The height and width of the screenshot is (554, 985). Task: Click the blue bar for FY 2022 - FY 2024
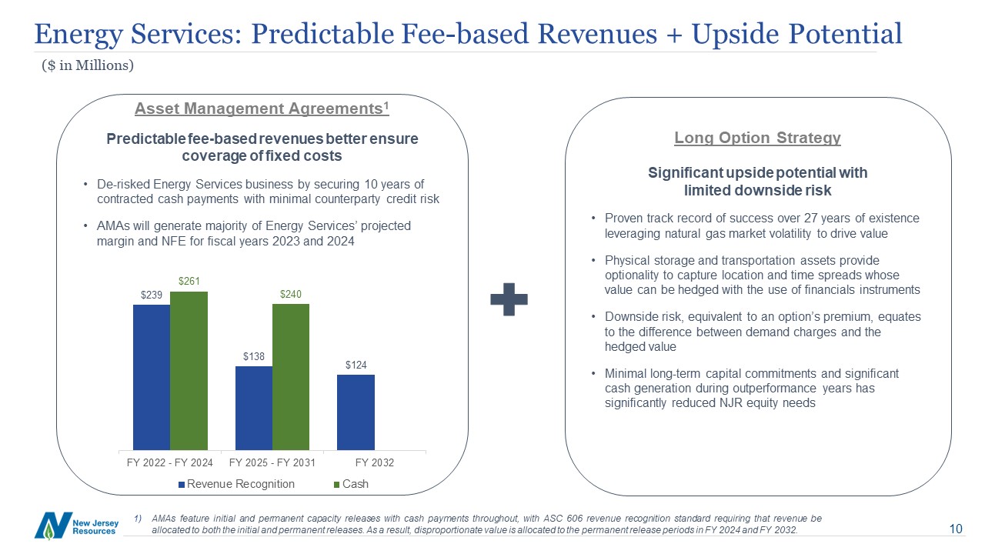pos(152,377)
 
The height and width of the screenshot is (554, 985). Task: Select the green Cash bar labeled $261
pos(189,370)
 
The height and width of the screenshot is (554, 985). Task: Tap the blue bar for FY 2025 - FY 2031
pos(254,408)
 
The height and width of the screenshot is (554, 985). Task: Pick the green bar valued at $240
pos(291,376)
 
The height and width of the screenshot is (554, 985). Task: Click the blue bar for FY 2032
pos(356,412)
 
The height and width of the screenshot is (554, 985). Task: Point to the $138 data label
pos(254,357)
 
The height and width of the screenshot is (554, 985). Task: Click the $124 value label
pos(356,365)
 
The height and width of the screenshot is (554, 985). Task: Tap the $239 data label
pos(152,295)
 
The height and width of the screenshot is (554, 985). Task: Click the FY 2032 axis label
pos(374,462)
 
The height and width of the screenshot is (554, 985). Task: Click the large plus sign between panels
pos(509,299)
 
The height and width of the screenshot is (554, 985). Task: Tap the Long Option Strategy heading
pos(757,138)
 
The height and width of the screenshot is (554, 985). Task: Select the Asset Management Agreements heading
pos(262,108)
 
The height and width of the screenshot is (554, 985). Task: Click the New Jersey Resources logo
pos(76,526)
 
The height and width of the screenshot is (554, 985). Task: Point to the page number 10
pos(957,529)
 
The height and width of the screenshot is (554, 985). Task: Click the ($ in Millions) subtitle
pos(87,66)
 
